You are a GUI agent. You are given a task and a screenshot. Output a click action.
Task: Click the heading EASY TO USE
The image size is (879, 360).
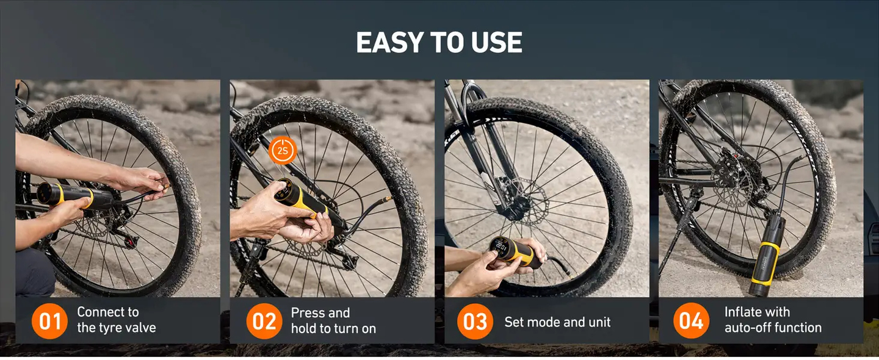[x=439, y=43]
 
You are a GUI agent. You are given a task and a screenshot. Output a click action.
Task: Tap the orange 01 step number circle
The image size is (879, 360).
[x=49, y=320]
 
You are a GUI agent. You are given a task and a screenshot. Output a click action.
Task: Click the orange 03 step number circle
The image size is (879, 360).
[x=475, y=322]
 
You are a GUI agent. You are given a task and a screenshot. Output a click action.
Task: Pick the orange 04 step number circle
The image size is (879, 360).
[x=691, y=320]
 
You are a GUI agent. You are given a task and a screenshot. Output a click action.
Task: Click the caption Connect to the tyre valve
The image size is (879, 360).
[x=116, y=320]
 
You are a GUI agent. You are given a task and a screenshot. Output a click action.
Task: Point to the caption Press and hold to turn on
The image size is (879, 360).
[x=333, y=320]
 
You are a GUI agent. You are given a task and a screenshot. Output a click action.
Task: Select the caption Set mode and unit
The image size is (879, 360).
[x=557, y=322]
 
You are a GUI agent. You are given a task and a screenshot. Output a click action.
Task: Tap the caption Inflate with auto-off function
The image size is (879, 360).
[x=773, y=320]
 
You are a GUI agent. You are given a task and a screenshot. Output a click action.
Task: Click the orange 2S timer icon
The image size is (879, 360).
[x=282, y=150]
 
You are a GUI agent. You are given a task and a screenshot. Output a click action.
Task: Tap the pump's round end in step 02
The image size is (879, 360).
[x=283, y=189]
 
